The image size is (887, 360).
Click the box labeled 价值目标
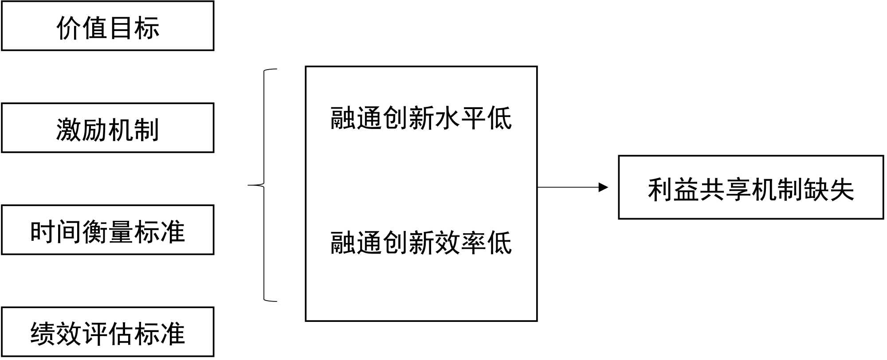coord(108,26)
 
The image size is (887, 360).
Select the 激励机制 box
coord(108,128)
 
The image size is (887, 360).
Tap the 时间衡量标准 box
coord(108,230)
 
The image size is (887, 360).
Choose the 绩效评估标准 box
coord(108,332)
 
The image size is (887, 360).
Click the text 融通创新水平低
coord(421,118)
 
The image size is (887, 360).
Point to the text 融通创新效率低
coord(421,243)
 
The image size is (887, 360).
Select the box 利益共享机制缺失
coord(751,188)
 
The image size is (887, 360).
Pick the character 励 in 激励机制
coord(95,130)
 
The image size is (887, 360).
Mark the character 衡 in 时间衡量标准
coord(95,232)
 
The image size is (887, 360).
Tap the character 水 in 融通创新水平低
coord(447,118)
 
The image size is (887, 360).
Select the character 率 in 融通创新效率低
coord(473,243)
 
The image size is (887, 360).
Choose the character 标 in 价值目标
coord(147,27)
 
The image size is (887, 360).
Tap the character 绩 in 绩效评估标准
coord(43,334)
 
